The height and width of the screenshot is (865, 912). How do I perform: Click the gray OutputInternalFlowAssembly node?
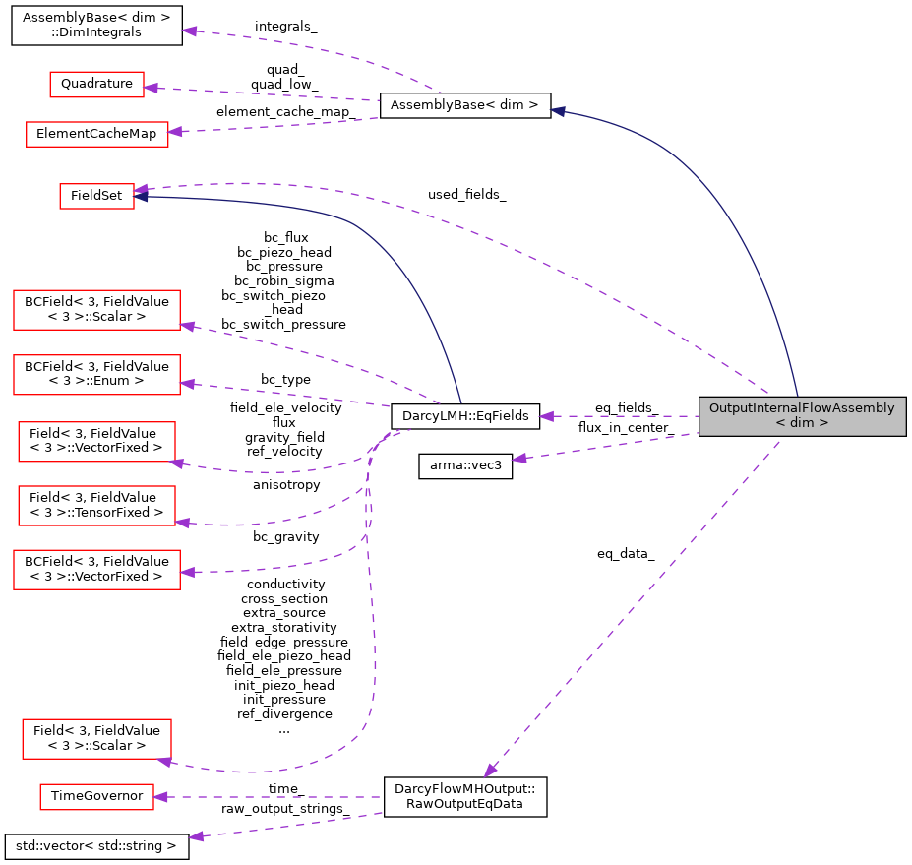click(x=802, y=416)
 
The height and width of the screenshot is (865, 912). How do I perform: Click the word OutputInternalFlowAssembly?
click(x=802, y=408)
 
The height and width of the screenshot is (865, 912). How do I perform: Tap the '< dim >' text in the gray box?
click(x=802, y=423)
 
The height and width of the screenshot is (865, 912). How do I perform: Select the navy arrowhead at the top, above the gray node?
click(x=558, y=111)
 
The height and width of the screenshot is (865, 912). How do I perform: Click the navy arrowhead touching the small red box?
click(x=142, y=197)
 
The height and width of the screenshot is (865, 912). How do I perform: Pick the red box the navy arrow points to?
click(x=96, y=197)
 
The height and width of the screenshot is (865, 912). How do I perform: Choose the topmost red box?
click(x=96, y=85)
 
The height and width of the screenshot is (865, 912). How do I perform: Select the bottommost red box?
click(x=96, y=797)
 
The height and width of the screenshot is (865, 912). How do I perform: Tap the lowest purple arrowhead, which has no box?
click(x=197, y=836)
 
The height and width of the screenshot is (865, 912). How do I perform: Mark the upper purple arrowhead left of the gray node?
click(x=546, y=416)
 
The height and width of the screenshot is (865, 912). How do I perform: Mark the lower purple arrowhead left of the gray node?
click(x=519, y=458)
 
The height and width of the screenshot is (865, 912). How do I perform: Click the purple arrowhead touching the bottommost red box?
click(x=160, y=797)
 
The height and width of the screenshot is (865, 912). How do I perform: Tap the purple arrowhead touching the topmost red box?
click(x=151, y=88)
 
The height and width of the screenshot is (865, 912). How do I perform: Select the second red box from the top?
click(x=96, y=135)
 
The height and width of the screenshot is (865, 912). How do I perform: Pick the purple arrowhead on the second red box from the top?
click(x=174, y=131)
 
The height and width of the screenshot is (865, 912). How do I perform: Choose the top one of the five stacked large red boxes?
click(x=96, y=310)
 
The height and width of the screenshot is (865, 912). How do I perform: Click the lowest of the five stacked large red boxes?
click(x=96, y=570)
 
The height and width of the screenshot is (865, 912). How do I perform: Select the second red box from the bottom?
click(x=96, y=739)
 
